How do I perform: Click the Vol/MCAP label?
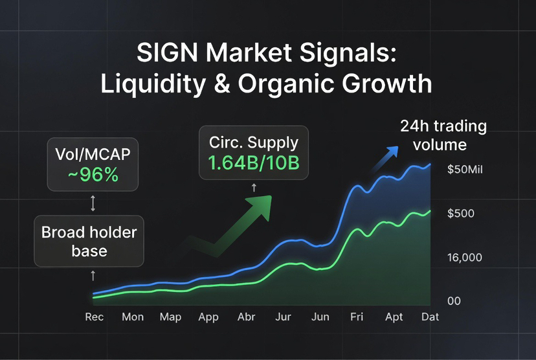pyautogui.click(x=93, y=156)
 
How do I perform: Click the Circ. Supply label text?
pyautogui.click(x=254, y=143)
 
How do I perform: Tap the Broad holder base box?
pyautogui.click(x=89, y=240)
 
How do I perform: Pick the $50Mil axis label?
pyautogui.click(x=465, y=170)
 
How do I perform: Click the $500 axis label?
pyautogui.click(x=460, y=214)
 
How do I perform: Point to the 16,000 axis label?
pyautogui.click(x=464, y=258)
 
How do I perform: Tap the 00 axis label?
pyautogui.click(x=454, y=301)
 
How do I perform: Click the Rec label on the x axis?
pyautogui.click(x=95, y=317)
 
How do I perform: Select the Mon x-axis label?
pyautogui.click(x=133, y=317)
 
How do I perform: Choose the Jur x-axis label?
pyautogui.click(x=283, y=317)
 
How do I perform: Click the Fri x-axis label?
pyautogui.click(x=357, y=317)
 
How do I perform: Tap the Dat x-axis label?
pyautogui.click(x=430, y=317)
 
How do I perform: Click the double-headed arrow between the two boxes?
pyautogui.click(x=93, y=205)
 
